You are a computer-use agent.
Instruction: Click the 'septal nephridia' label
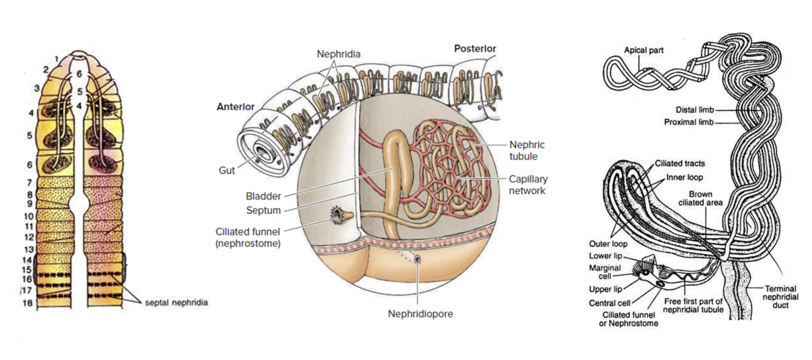tap(176, 303)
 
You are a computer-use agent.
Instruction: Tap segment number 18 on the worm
tap(27, 303)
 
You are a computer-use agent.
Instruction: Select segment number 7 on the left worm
tap(30, 182)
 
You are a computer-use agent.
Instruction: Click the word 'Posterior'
tap(475, 48)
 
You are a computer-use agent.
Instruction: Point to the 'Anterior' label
tap(235, 107)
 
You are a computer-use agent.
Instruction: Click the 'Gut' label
tap(227, 170)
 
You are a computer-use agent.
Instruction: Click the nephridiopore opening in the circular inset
tap(417, 259)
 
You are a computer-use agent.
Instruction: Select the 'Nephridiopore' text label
tap(420, 314)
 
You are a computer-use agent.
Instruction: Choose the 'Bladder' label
tap(263, 196)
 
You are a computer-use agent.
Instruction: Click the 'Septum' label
tap(263, 210)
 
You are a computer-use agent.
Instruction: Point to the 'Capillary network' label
tap(528, 185)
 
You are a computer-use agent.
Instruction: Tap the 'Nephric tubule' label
tap(527, 150)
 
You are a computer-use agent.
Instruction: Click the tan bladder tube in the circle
tap(395, 164)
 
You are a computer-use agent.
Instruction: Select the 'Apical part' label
tap(643, 50)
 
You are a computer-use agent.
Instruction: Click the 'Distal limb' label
tap(694, 110)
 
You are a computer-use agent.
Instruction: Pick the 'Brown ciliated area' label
tap(700, 198)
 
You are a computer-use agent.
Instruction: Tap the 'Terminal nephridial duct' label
tap(780, 296)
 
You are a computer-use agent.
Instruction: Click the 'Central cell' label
tap(609, 303)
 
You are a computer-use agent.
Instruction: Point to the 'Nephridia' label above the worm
tap(338, 54)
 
